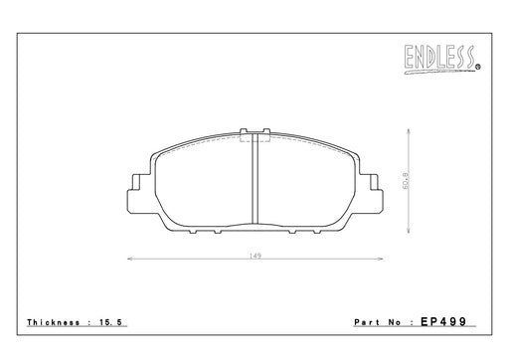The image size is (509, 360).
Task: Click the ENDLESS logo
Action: click(x=440, y=59)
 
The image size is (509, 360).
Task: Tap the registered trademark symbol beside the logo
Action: click(x=478, y=68)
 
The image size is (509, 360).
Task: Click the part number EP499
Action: click(x=443, y=321)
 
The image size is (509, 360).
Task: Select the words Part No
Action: click(x=378, y=322)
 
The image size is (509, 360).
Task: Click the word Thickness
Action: click(x=54, y=322)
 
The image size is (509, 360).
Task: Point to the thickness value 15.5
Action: click(x=111, y=322)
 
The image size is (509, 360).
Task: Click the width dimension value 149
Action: click(x=255, y=256)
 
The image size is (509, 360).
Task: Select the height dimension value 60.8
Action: click(x=406, y=181)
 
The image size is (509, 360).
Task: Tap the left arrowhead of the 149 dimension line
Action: click(x=130, y=259)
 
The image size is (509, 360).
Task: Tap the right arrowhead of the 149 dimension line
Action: click(x=381, y=259)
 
